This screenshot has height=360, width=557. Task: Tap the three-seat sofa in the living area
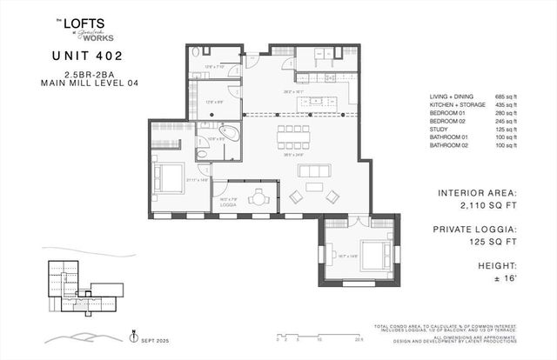pyautogui.click(x=314, y=170)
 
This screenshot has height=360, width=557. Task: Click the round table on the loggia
pyautogui.click(x=258, y=197)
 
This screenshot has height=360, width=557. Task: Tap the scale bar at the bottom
pyautogui.click(x=313, y=335)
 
